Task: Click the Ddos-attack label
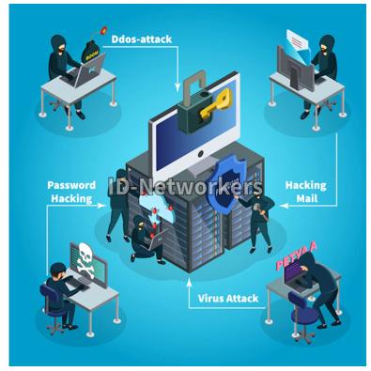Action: tap(142, 39)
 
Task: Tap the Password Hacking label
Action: tap(71, 192)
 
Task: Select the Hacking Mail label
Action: tap(306, 192)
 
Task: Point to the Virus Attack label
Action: tap(228, 298)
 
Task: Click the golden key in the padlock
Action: tap(216, 103)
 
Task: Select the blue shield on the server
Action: tap(226, 186)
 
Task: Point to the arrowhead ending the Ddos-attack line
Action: tap(178, 88)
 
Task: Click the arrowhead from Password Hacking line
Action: tap(101, 206)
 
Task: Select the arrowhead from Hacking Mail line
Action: tap(285, 206)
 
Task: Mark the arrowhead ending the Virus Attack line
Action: tap(189, 282)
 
